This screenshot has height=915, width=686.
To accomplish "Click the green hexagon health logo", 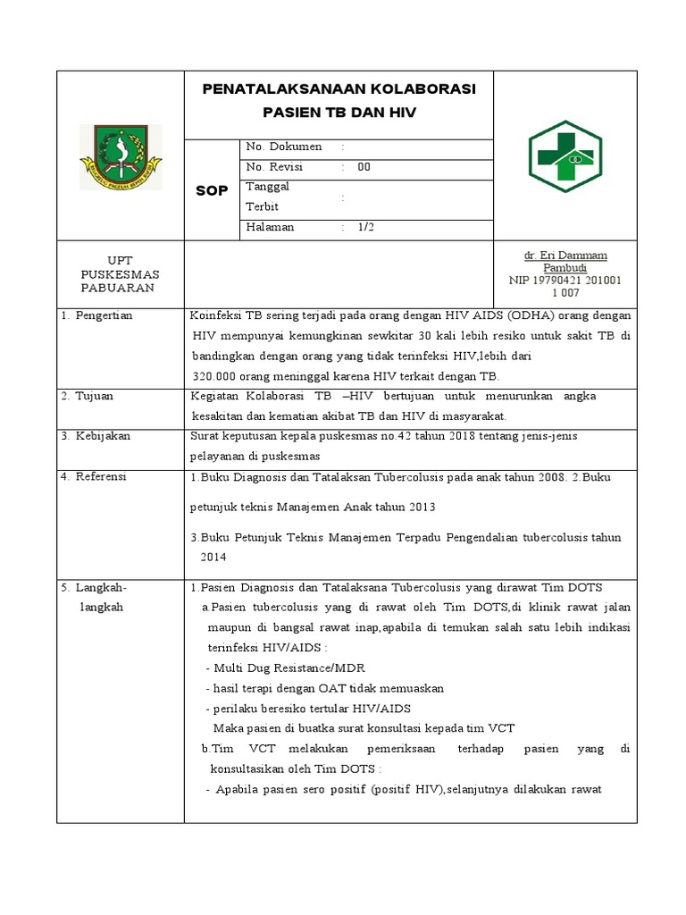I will tap(565, 157).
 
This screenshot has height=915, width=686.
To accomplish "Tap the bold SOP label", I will tap(212, 190).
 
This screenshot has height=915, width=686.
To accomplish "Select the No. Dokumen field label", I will tap(283, 147).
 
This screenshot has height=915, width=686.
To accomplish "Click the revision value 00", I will tap(364, 167).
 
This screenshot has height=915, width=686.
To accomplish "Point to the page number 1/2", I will tap(365, 228).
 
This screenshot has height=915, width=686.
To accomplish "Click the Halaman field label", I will tap(270, 228).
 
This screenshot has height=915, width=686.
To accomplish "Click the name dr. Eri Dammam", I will tap(565, 256).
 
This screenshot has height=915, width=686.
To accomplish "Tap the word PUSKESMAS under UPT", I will tap(120, 274).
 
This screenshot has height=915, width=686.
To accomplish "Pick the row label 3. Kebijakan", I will tap(96, 436).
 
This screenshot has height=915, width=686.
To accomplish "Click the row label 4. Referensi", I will tap(95, 477).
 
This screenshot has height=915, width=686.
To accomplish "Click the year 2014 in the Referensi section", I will tap(213, 556).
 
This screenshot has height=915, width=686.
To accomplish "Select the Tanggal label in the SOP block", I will tap(267, 187).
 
